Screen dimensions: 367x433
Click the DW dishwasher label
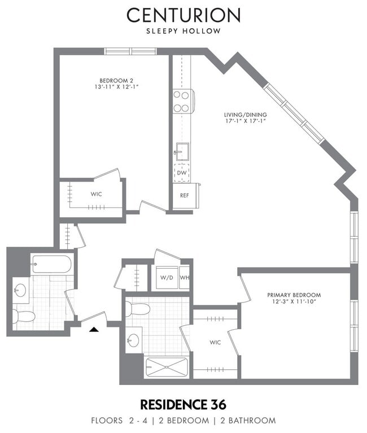[x=182, y=173]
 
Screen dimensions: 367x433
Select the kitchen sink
[x=182, y=151]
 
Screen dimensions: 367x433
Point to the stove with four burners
[x=183, y=101]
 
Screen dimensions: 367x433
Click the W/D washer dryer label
[x=167, y=277]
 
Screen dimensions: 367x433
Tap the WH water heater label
[x=185, y=277]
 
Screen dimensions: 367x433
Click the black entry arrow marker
[x=94, y=329]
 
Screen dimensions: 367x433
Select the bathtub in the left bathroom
[x=51, y=264]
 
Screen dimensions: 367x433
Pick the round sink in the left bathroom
[x=20, y=291]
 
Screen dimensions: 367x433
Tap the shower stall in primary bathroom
[x=167, y=367]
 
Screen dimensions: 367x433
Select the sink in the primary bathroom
[x=133, y=339]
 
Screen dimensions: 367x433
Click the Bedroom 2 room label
[x=116, y=81]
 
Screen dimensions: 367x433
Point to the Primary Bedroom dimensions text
[x=294, y=301]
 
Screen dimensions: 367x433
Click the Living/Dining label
[x=245, y=115]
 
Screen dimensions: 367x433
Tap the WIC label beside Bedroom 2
[x=96, y=194]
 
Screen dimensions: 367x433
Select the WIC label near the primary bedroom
[x=215, y=343]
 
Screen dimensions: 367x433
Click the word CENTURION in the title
[x=183, y=15]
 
